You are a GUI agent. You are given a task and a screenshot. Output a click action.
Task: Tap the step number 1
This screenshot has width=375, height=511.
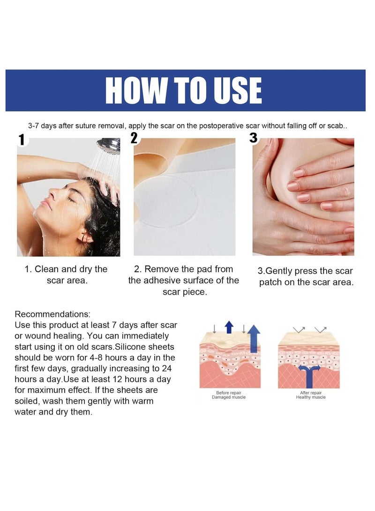[21, 140]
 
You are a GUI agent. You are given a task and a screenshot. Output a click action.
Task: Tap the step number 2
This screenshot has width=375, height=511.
[135, 137]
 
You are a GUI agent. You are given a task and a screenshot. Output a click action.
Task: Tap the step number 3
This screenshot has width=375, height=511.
[254, 138]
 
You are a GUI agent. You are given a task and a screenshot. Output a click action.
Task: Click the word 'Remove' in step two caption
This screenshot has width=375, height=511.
[161, 269]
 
